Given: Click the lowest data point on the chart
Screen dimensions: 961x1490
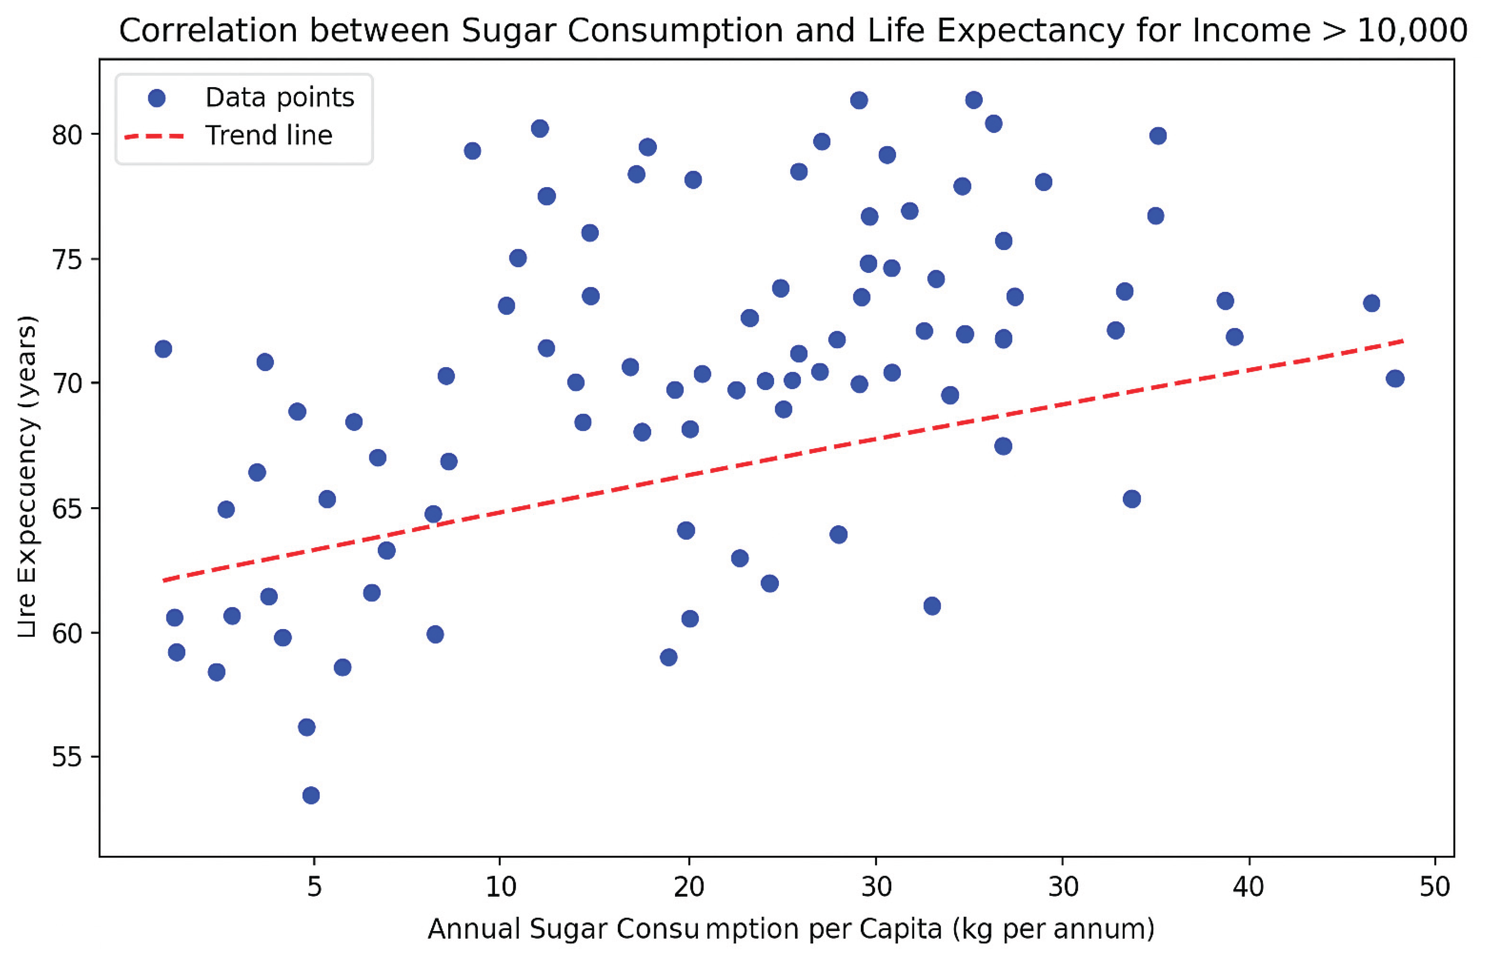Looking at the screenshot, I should (x=311, y=795).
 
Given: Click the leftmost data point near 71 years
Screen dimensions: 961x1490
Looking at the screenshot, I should (x=163, y=349).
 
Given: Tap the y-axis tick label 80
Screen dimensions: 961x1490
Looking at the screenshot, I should (x=67, y=135).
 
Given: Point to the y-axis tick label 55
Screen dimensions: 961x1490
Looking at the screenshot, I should (x=67, y=757).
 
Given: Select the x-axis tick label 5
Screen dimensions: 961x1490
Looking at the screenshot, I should (x=314, y=886).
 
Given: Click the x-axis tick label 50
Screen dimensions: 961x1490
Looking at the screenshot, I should (x=1435, y=886).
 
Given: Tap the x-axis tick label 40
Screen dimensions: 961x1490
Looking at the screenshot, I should (x=1249, y=886).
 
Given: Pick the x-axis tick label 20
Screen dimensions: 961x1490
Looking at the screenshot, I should (x=688, y=886).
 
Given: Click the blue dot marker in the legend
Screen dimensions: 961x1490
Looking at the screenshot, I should (x=157, y=98).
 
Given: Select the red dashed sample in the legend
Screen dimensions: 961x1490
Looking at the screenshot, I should (x=155, y=136).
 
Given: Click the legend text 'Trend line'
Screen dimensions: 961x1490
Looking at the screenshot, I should (x=269, y=136).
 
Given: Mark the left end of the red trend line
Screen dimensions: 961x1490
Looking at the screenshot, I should (x=163, y=580).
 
